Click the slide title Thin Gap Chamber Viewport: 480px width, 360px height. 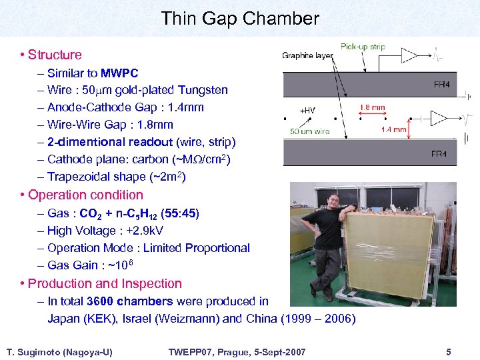coord(240,19)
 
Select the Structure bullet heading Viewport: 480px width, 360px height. coord(55,55)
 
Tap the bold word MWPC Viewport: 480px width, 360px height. coord(119,73)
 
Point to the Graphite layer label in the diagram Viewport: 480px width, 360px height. coord(307,56)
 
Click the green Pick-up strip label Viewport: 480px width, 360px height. coord(363,47)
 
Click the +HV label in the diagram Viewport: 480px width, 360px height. coord(308,111)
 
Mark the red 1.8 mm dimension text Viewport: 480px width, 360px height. coord(372,107)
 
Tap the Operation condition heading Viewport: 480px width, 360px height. coord(85,195)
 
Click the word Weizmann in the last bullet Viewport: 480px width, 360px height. coord(189,319)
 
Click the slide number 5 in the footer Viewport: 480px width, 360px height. coord(449,351)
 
